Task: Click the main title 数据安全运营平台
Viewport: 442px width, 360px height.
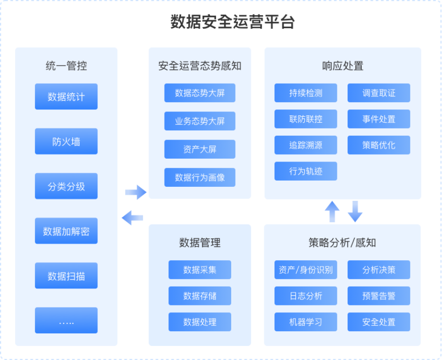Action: coord(233,22)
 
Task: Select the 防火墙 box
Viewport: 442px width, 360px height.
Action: coord(66,142)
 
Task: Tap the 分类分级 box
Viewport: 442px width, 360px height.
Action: coord(66,186)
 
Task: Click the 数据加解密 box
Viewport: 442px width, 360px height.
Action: coord(66,231)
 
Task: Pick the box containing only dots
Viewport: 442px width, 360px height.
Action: coord(66,321)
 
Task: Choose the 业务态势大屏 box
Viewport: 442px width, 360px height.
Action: coord(200,121)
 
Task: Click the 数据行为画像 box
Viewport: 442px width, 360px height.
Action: coord(200,178)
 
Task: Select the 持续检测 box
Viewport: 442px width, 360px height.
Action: coord(306,93)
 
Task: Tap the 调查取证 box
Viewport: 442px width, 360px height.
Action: coord(379,93)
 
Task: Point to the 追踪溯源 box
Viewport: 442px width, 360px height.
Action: coord(306,145)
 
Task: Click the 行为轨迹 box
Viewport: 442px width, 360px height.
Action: coord(306,171)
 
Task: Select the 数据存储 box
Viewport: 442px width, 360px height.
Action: coord(200,296)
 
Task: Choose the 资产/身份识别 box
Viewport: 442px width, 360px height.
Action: coord(306,270)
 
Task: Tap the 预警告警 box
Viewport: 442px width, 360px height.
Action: coord(379,296)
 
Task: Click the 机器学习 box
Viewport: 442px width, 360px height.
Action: coord(306,322)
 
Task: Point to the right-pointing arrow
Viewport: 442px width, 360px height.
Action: coord(136,192)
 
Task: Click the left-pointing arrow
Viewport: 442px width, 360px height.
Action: coord(132,218)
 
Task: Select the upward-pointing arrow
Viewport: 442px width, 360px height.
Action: coord(332,212)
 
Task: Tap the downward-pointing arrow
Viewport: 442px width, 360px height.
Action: coord(355,212)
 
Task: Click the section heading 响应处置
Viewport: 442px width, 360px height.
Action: coord(343,66)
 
